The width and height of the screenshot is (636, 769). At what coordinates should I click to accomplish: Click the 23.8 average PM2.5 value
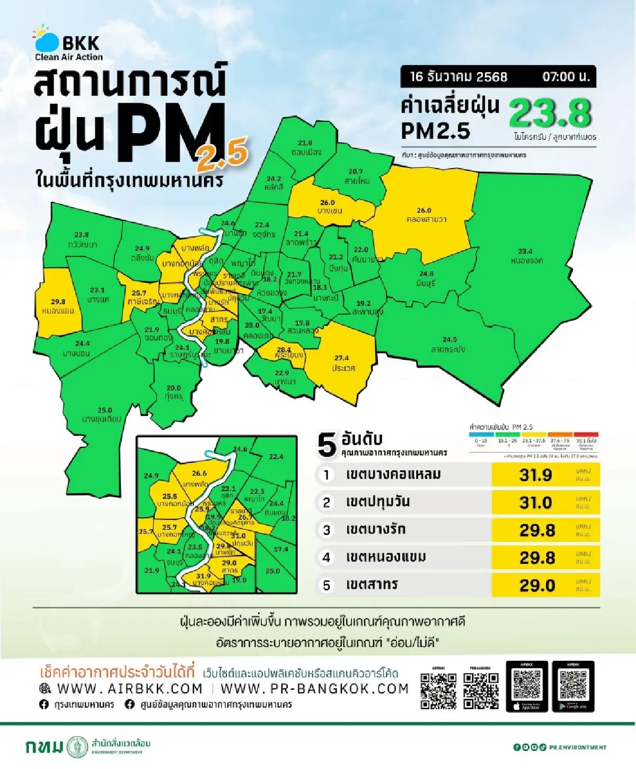[550, 112]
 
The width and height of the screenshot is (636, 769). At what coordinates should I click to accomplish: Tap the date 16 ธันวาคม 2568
[458, 76]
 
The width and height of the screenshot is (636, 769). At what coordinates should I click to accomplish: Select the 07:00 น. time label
[566, 76]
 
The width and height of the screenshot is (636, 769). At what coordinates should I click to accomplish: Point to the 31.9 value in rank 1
[535, 475]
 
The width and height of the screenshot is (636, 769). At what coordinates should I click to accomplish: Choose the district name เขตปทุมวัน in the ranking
[377, 502]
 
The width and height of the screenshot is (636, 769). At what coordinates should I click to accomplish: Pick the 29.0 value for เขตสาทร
[537, 585]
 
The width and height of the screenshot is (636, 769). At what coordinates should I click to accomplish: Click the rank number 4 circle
[326, 558]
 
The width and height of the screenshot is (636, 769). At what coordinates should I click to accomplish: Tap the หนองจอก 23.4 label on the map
[526, 256]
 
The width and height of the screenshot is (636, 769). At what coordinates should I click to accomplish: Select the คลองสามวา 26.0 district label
[424, 215]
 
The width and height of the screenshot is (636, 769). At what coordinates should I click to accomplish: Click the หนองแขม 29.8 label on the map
[58, 306]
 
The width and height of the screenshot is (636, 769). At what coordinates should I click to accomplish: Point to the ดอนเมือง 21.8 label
[305, 147]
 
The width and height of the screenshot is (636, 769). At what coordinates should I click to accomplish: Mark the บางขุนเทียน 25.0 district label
[102, 414]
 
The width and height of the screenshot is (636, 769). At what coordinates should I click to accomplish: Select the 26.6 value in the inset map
[199, 473]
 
